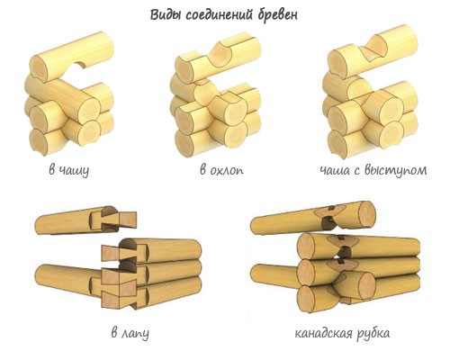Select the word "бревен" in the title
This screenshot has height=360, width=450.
coord(278,14)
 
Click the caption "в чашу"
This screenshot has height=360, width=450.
coord(69,170)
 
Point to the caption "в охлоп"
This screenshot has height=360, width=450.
coord(221,170)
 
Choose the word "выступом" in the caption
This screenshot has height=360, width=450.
coord(395,170)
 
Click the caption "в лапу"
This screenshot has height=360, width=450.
coord(130,333)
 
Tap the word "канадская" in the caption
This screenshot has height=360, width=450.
coord(323,333)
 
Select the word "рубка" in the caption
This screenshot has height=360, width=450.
coord(373,333)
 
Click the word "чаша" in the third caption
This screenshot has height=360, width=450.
coord(335,171)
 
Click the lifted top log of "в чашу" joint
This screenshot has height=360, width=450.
coord(72,57)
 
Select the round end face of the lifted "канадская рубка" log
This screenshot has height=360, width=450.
coord(367,213)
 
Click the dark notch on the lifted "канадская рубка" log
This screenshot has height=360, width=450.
coord(329,221)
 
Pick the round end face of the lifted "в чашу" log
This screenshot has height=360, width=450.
coord(39,69)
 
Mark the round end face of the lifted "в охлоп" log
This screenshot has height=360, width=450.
coord(184,69)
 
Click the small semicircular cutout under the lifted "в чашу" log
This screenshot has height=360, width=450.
coord(80,65)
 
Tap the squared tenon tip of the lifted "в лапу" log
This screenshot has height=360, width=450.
coord(129,220)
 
